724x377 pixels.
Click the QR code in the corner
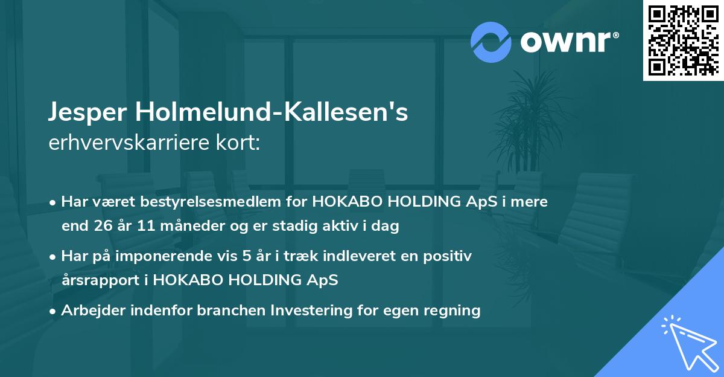[684, 40]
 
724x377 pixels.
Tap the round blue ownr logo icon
[491, 42]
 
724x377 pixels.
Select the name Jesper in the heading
[89, 113]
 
